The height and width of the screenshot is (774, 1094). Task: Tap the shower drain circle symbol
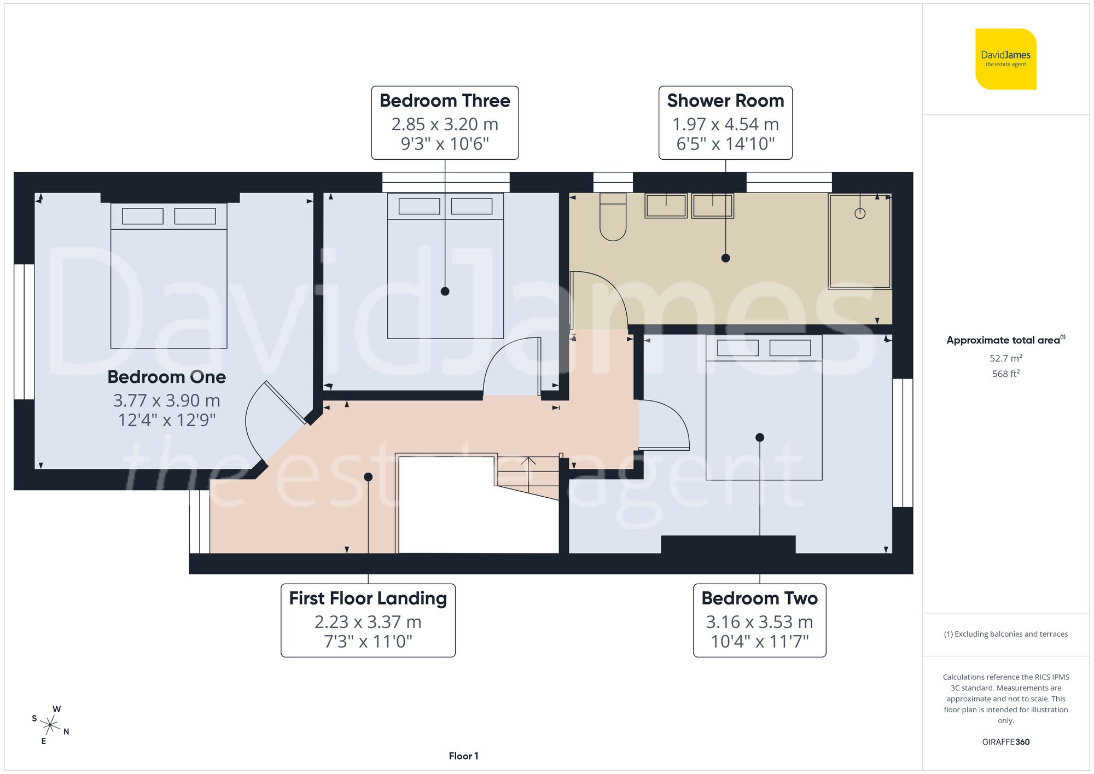[860, 213]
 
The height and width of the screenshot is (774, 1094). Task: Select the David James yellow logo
[1005, 59]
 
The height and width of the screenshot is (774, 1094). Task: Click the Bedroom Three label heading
[445, 101]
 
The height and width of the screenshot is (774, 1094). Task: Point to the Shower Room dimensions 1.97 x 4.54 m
[725, 124]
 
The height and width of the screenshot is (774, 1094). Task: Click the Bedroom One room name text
[166, 377]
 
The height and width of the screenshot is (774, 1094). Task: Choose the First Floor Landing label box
[368, 620]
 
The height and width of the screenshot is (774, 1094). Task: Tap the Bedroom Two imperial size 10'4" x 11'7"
[759, 641]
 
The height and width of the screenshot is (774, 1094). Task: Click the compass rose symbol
[50, 726]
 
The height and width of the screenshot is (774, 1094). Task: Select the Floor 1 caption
[463, 756]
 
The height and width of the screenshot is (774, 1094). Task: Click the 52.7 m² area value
[1005, 358]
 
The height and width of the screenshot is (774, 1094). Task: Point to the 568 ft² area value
[1005, 374]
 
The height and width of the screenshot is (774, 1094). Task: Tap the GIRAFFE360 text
[1005, 742]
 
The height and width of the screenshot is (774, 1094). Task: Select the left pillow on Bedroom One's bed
[142, 216]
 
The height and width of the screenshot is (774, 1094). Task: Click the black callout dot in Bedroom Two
[759, 438]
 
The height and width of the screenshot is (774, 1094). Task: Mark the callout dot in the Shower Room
[725, 258]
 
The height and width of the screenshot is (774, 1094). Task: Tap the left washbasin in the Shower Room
[666, 206]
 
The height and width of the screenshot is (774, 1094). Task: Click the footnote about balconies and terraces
[1005, 634]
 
